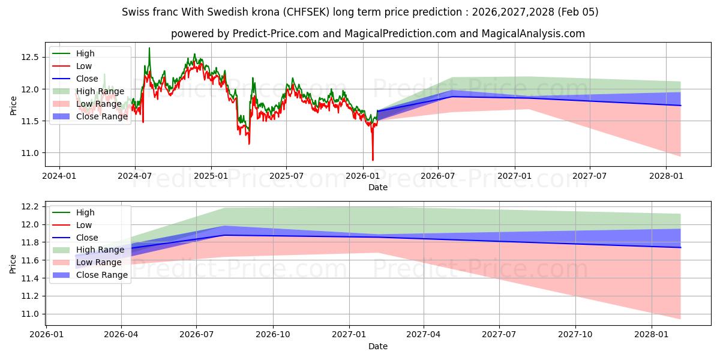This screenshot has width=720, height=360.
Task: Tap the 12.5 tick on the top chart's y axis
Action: click(31, 57)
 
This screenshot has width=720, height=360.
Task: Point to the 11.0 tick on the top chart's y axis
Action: click(31, 153)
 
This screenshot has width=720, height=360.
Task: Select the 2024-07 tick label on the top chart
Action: click(134, 176)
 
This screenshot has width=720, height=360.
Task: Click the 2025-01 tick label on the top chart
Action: click(211, 176)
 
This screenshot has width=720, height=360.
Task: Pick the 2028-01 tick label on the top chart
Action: click(667, 176)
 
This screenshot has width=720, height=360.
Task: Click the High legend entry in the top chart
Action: click(85, 53)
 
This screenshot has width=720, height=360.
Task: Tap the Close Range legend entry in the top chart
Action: click(102, 116)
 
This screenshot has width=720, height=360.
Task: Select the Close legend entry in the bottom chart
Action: click(87, 238)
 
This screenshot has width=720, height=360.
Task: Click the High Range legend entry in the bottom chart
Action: click(100, 250)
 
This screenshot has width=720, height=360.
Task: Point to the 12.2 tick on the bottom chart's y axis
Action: click(31, 206)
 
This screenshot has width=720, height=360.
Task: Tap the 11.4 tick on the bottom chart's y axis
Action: click(31, 278)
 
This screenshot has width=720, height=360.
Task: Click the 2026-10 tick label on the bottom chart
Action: click(273, 334)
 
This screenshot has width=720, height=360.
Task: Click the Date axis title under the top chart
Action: click(378, 187)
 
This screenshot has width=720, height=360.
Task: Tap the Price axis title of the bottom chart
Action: click(13, 263)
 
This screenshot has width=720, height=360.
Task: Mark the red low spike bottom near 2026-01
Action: click(373, 160)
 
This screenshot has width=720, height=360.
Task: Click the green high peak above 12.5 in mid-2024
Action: click(149, 48)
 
